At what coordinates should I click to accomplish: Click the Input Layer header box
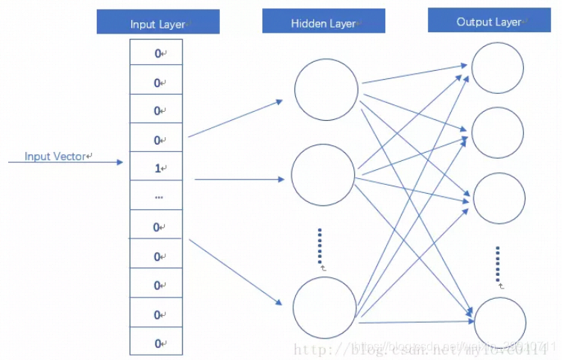click(158, 22)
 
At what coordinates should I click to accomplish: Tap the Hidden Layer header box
click(323, 22)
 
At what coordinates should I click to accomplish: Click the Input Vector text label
click(57, 157)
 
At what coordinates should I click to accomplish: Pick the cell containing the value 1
click(156, 168)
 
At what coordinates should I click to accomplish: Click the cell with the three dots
click(156, 198)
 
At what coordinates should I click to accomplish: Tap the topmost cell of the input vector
click(156, 53)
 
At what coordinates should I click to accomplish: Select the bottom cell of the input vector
click(156, 343)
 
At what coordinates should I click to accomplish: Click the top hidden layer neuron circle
click(326, 89)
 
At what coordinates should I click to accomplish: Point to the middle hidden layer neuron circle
click(323, 175)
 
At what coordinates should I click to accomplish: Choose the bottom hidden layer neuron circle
click(324, 308)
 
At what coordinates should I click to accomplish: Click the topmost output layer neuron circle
click(497, 68)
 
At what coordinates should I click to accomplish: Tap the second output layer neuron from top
click(498, 133)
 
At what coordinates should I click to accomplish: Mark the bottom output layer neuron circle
click(500, 321)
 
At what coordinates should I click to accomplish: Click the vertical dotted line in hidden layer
click(319, 246)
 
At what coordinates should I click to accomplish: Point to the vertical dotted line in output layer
click(497, 265)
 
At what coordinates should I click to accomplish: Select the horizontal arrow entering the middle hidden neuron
click(239, 179)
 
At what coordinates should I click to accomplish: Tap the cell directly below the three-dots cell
click(156, 227)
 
